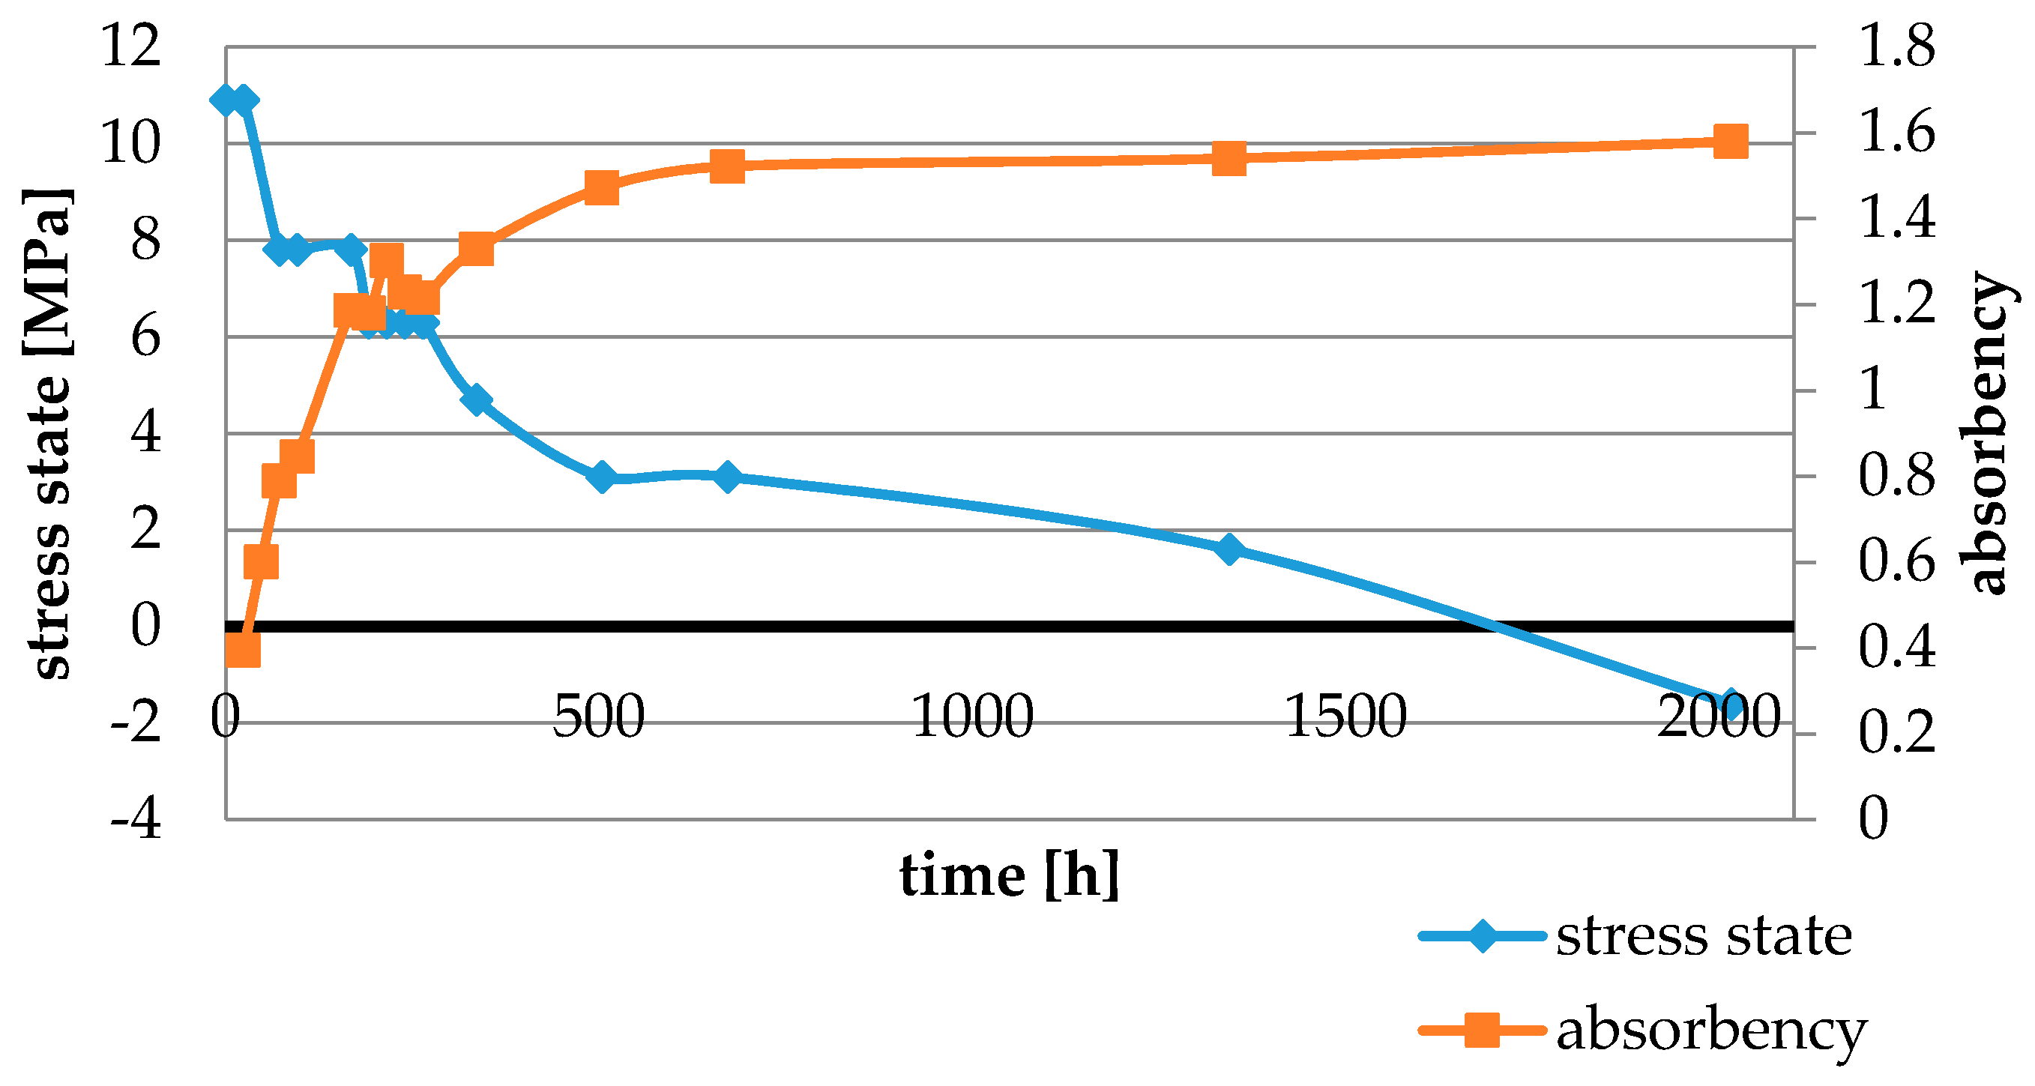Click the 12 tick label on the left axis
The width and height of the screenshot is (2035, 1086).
coord(131,46)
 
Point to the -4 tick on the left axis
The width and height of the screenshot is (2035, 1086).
coord(136,819)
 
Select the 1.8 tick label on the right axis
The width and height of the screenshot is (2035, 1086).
coord(1896,46)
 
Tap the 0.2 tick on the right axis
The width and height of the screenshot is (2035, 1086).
coord(1896,734)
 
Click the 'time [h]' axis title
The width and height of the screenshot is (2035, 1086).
coord(1010,876)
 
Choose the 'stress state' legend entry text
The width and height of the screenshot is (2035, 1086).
coord(1704,937)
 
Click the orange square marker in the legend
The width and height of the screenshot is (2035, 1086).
coord(1482,1031)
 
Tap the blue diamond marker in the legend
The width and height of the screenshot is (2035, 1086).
coord(1482,937)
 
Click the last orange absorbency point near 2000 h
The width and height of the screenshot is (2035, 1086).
coord(1730,142)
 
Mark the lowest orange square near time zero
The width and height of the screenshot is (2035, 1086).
coord(243,651)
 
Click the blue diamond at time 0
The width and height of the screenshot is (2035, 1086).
coord(226,100)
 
